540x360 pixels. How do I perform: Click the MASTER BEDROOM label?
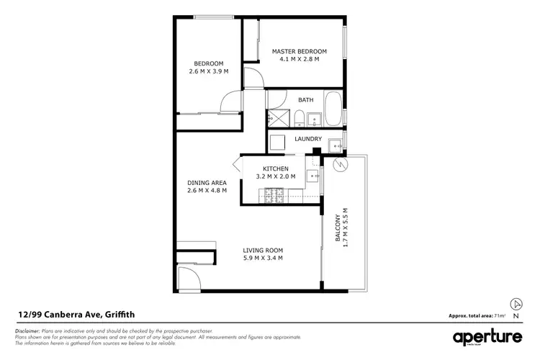(x=299, y=51)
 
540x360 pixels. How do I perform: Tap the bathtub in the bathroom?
(x=333, y=109)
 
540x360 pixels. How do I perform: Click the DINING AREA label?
(x=207, y=182)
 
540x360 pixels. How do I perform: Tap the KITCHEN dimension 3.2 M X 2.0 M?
(x=276, y=176)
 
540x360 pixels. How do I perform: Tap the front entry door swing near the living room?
(x=188, y=278)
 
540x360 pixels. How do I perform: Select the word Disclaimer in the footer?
(x=29, y=329)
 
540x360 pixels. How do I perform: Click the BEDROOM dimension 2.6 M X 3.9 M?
(x=207, y=71)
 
